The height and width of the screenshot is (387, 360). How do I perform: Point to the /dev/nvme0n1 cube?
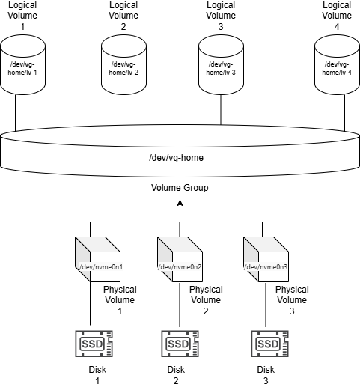(x=97, y=259)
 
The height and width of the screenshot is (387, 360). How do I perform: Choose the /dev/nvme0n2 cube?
(x=180, y=259)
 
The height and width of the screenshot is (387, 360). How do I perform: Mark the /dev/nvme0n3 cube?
(x=266, y=259)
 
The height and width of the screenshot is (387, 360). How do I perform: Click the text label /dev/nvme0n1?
(x=100, y=267)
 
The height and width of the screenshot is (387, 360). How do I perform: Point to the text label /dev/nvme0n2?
(x=180, y=267)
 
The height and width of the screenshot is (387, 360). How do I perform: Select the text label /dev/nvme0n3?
(x=266, y=267)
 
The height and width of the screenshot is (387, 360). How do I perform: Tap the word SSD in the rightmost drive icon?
(x=265, y=344)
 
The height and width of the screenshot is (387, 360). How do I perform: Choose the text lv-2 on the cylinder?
(x=132, y=73)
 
